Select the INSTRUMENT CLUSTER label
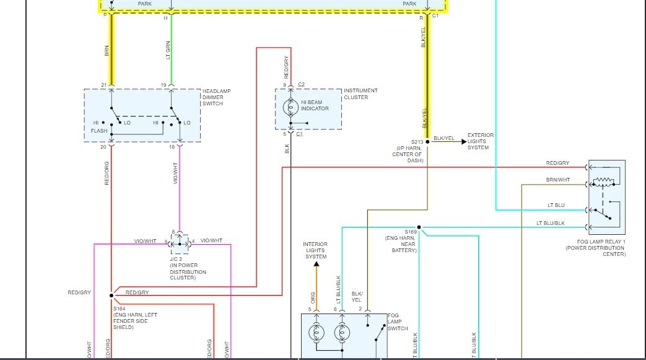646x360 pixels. click(x=360, y=94)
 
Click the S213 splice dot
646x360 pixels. click(x=427, y=141)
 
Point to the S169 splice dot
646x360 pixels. click(x=419, y=227)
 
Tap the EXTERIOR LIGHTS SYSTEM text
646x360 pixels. click(x=480, y=141)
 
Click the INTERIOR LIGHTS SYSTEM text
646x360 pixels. click(x=315, y=250)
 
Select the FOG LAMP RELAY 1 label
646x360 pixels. click(x=595, y=248)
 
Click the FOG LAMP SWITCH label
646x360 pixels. click(x=397, y=322)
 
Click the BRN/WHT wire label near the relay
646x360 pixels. click(x=558, y=180)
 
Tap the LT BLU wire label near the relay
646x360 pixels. click(x=556, y=206)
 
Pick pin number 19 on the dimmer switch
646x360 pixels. click(x=164, y=85)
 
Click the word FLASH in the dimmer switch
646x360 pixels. click(x=98, y=131)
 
